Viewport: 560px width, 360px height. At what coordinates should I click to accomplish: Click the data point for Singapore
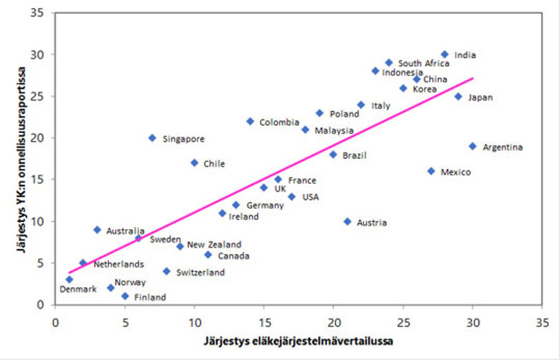click(x=152, y=138)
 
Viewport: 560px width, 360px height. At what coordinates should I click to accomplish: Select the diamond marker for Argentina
click(x=472, y=146)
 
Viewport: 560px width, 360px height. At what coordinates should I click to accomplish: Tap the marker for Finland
click(x=125, y=296)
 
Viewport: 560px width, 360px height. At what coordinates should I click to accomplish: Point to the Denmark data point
click(x=69, y=279)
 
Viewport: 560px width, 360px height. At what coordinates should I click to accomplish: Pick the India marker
click(x=445, y=54)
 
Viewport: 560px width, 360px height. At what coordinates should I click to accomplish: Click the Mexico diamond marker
click(x=431, y=171)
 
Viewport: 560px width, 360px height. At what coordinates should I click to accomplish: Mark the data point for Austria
click(x=347, y=221)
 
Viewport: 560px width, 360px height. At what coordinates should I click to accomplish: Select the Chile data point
click(x=194, y=163)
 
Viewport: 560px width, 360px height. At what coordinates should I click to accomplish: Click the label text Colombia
click(x=279, y=122)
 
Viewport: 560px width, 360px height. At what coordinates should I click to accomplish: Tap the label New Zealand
click(x=215, y=245)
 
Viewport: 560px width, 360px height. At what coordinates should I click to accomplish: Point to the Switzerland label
click(x=200, y=272)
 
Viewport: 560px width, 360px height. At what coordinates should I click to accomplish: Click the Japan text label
click(x=479, y=98)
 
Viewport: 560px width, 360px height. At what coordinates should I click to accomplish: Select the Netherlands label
click(x=119, y=265)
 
